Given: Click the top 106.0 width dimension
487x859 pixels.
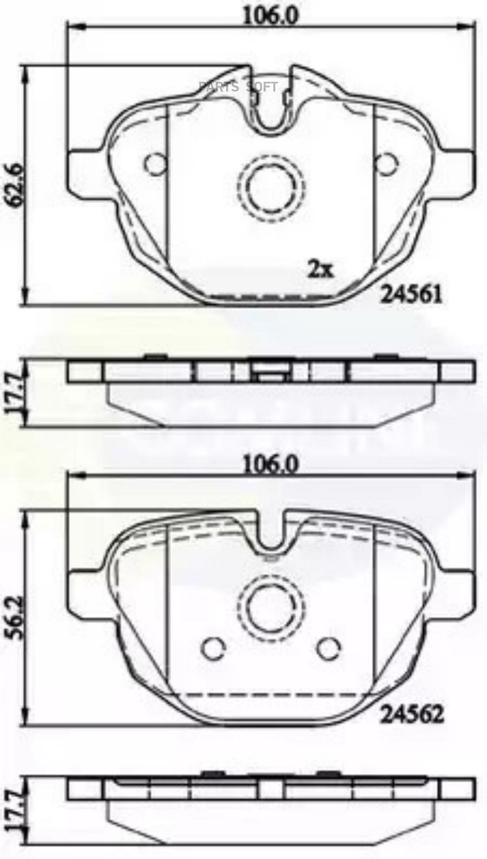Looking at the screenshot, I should (269, 16).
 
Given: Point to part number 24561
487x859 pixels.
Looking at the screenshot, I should (412, 294).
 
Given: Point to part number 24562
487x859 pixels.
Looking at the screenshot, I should (412, 714).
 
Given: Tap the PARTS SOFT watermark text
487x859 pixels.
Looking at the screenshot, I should (238, 86).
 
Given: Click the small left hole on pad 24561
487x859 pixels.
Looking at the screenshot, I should (156, 164).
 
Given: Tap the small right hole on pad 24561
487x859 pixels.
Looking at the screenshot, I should (386, 164).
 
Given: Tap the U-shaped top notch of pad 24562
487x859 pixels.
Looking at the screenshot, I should (271, 535).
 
